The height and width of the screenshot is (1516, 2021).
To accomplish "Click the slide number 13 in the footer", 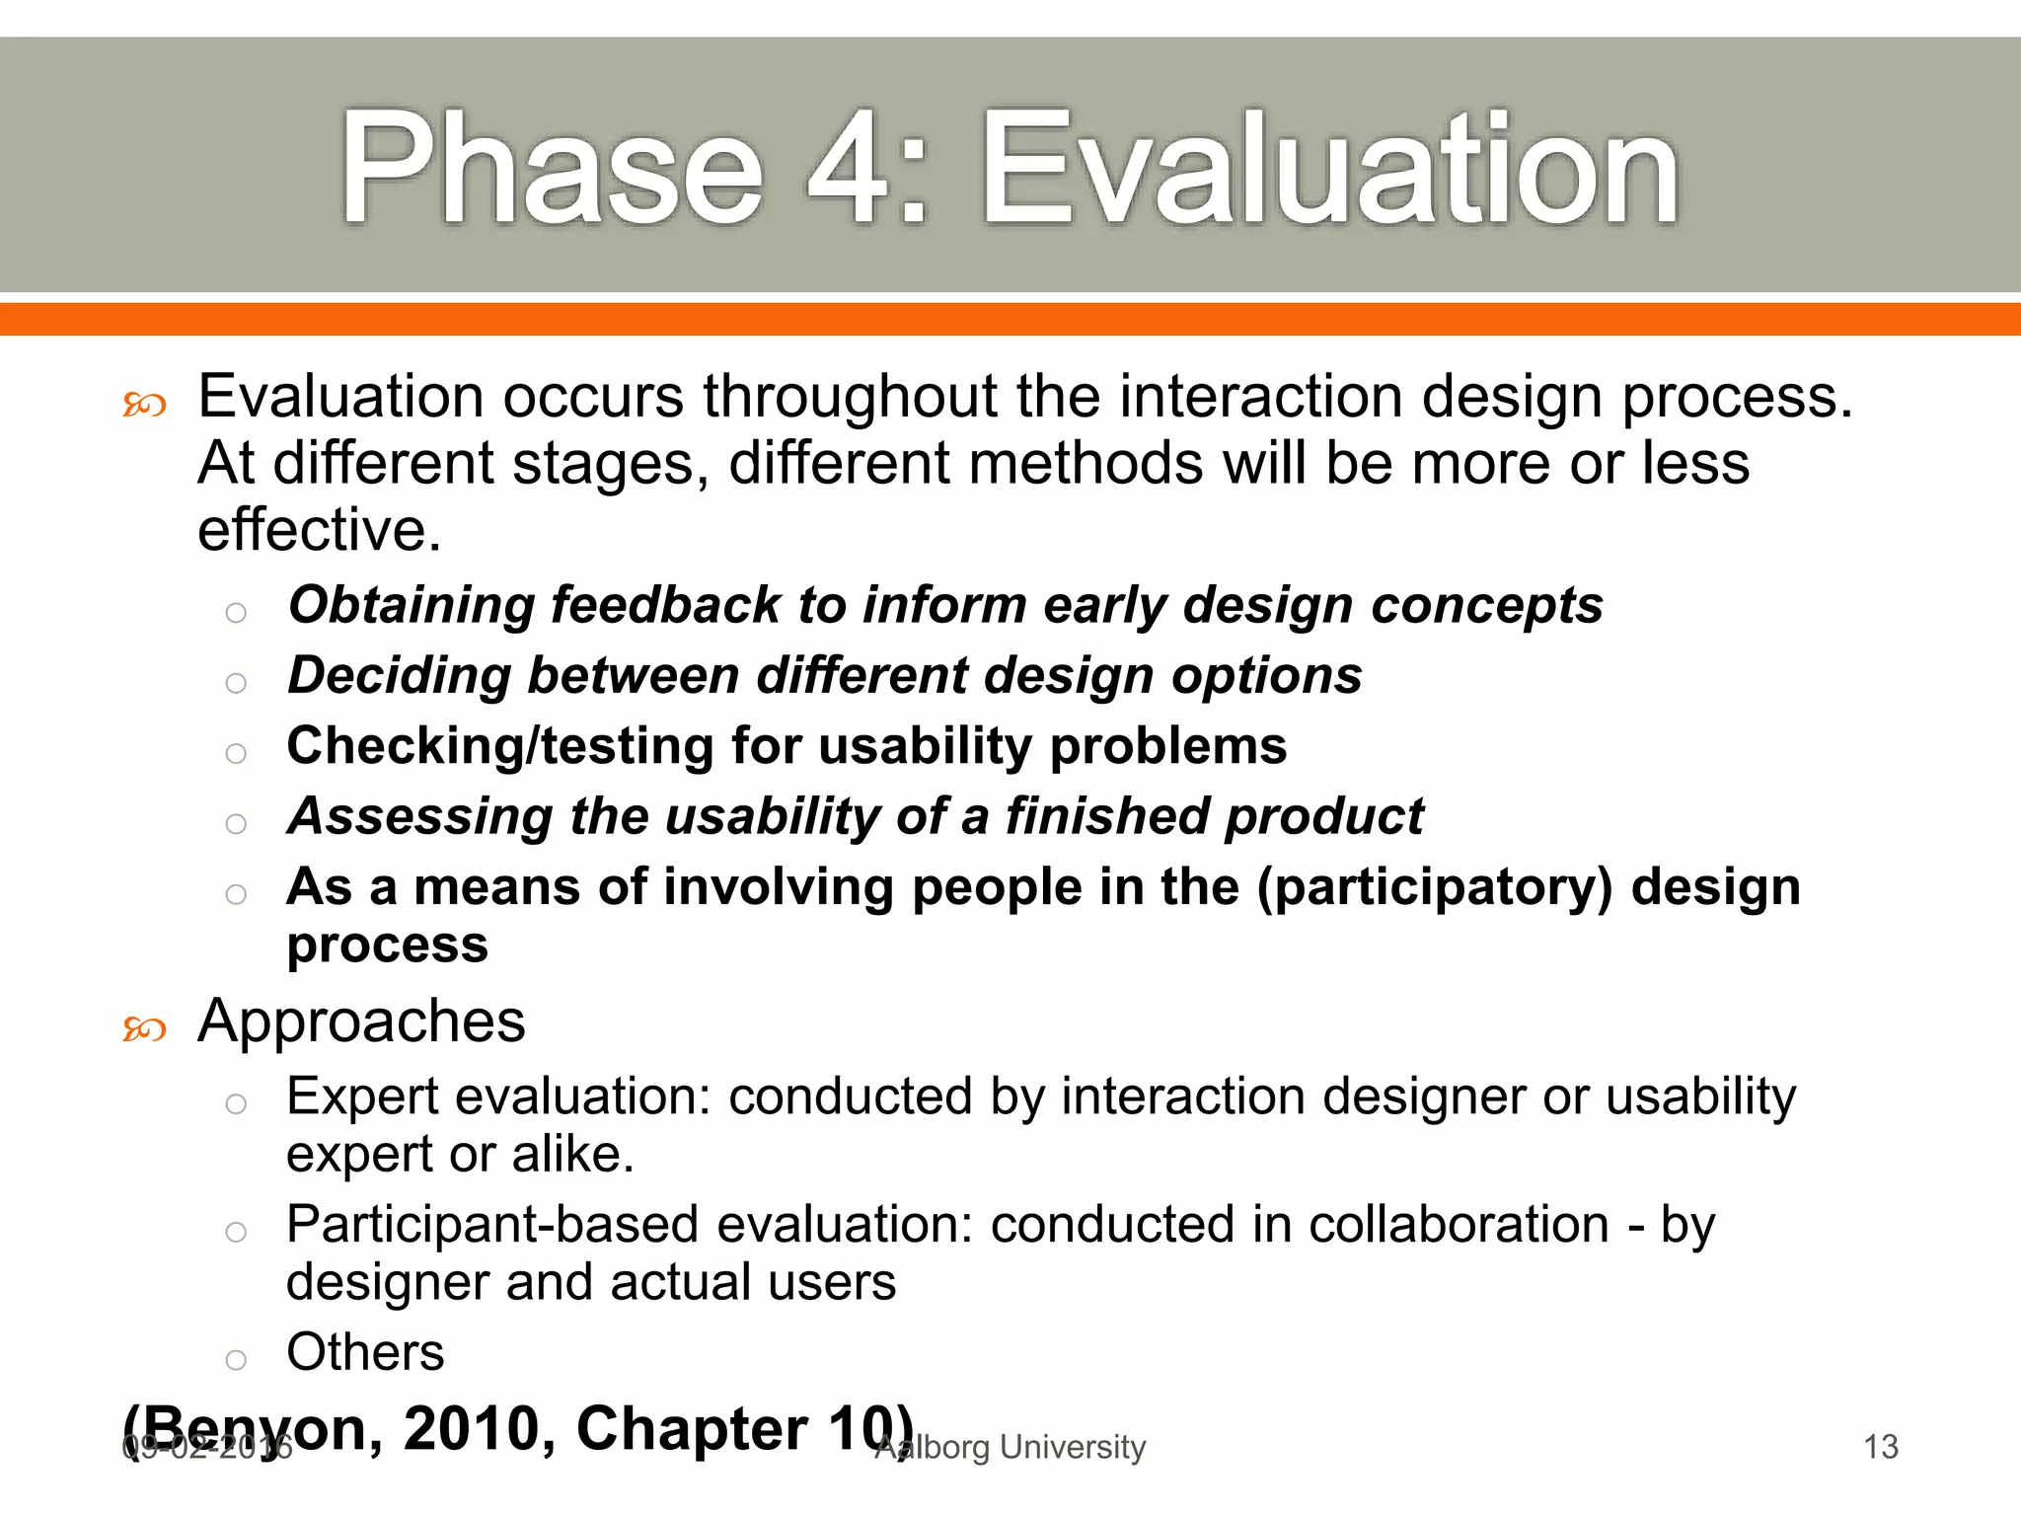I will click(x=1880, y=1447).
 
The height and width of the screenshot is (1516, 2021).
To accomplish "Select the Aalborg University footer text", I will click(x=1010, y=1447).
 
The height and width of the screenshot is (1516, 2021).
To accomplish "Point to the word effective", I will click(x=318, y=530).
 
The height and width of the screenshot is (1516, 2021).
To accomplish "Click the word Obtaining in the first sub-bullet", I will click(x=411, y=605).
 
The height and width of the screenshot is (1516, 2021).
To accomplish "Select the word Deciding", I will click(x=399, y=676).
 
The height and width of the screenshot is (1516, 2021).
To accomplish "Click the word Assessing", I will click(x=419, y=817).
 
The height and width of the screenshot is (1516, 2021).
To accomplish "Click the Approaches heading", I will click(x=361, y=1022).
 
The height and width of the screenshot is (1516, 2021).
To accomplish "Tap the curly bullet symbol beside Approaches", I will click(x=144, y=1030).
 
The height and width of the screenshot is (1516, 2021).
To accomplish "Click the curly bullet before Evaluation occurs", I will click(x=144, y=405).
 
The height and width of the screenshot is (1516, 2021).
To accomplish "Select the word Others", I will click(x=365, y=1352).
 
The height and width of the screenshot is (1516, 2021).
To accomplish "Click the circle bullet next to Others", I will click(x=235, y=1360).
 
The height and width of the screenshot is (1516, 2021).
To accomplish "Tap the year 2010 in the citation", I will click(x=479, y=1428).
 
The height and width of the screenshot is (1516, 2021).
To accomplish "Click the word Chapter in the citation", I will click(x=691, y=1428).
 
